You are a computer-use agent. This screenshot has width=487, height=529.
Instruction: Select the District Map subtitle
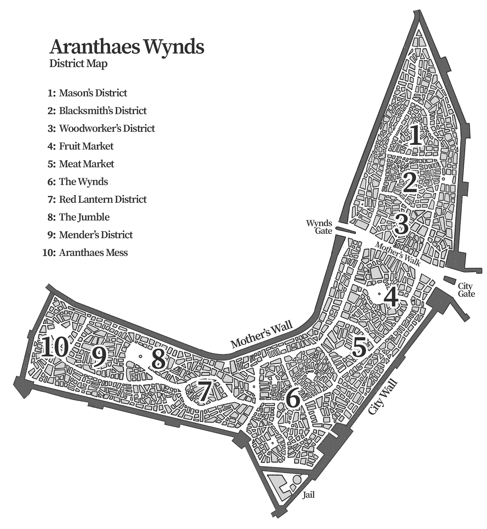tap(78, 64)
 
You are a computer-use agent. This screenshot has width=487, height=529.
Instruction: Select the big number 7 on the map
tap(204, 392)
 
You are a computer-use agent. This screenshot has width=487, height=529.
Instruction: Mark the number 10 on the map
tap(55, 347)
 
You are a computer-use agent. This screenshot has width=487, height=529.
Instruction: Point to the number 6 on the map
tap(293, 399)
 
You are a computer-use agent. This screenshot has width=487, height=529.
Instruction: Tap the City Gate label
tap(466, 290)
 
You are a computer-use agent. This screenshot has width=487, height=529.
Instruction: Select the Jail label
tap(308, 495)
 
